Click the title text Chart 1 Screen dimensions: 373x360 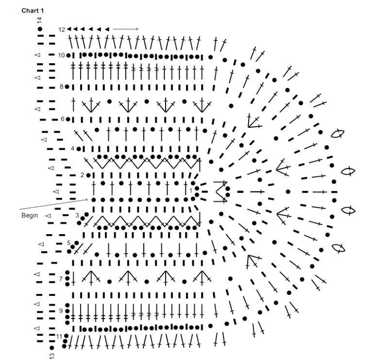(x=33, y=11)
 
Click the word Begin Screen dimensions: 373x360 (x=30, y=215)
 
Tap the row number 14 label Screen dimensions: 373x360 (x=40, y=20)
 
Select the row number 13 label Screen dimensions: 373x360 (x=52, y=356)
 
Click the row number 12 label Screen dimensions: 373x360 (x=62, y=30)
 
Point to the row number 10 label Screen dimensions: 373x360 (x=61, y=55)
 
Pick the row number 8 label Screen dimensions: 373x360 (x=61, y=86)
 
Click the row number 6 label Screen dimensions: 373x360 (x=63, y=119)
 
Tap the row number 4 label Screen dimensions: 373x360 (x=72, y=149)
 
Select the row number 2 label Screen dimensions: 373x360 (x=82, y=175)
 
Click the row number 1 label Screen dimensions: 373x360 (x=191, y=191)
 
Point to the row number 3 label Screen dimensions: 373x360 (x=77, y=215)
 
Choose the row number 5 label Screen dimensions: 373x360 (x=69, y=243)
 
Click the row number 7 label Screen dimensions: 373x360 (x=61, y=278)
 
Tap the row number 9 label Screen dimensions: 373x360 (x=61, y=311)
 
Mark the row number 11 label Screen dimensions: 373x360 (x=59, y=336)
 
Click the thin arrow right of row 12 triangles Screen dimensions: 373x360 (x=125, y=29)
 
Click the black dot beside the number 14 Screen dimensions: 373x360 (x=40, y=29)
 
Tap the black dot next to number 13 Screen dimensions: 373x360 (x=52, y=348)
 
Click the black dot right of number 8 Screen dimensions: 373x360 (x=67, y=86)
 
